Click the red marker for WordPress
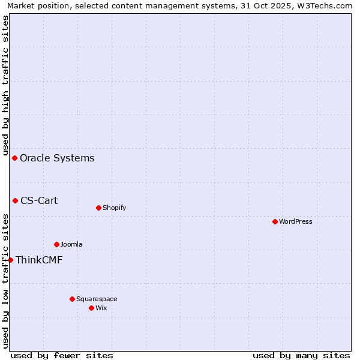[x=275, y=221]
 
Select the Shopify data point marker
[x=98, y=208]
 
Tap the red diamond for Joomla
[x=56, y=244]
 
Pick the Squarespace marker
[x=72, y=299]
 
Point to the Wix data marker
[x=91, y=308]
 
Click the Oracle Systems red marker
[x=15, y=158]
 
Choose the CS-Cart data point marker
[x=16, y=200]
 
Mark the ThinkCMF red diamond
[x=10, y=260]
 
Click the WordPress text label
[x=296, y=221]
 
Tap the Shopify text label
[x=114, y=208]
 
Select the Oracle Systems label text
[x=57, y=158]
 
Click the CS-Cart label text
[x=39, y=200]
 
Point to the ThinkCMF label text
[x=39, y=260]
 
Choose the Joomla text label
[x=71, y=244]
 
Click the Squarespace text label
[x=97, y=299]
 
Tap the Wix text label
[x=101, y=308]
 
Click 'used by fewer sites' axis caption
[x=62, y=355]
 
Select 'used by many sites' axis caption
[x=301, y=355]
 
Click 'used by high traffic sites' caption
[x=5, y=85]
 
